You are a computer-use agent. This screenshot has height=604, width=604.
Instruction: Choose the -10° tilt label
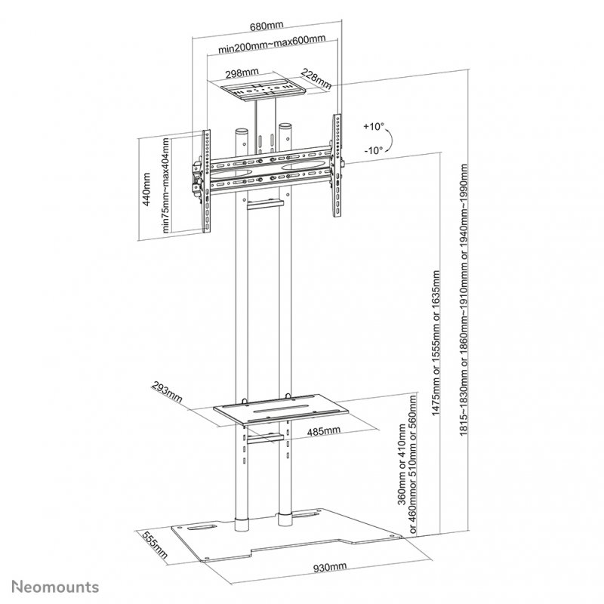pos(373,150)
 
